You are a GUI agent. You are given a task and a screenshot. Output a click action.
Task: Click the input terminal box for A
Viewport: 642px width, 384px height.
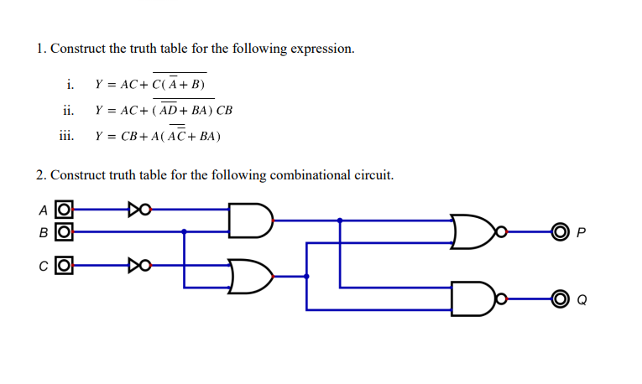pyautogui.click(x=63, y=209)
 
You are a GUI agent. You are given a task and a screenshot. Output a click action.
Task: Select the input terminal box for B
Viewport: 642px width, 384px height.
pyautogui.click(x=63, y=230)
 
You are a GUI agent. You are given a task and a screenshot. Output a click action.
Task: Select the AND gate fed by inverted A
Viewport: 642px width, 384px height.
pyautogui.click(x=250, y=220)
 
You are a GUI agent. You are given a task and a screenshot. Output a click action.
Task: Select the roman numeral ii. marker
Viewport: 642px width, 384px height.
pyautogui.click(x=68, y=110)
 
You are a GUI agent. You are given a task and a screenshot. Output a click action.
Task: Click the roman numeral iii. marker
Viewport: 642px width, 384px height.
pyautogui.click(x=66, y=135)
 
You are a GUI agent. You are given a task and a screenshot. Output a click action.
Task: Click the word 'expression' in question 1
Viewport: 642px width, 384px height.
pyautogui.click(x=321, y=49)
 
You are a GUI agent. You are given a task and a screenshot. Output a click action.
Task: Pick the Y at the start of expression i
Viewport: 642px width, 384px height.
pyautogui.click(x=99, y=85)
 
